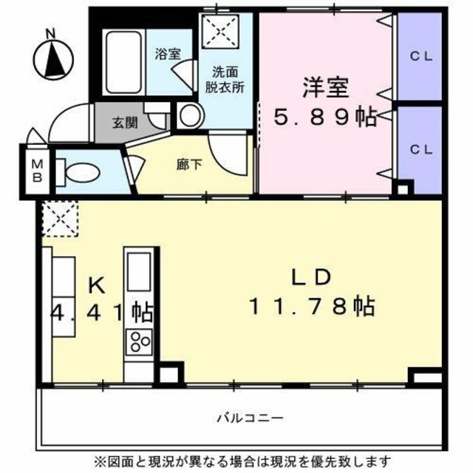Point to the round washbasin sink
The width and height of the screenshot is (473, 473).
tap(191, 115)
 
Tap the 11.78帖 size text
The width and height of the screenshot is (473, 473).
tap(311, 304)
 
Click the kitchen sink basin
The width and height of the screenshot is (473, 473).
tap(137, 271)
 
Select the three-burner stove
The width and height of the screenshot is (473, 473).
tap(139, 341)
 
